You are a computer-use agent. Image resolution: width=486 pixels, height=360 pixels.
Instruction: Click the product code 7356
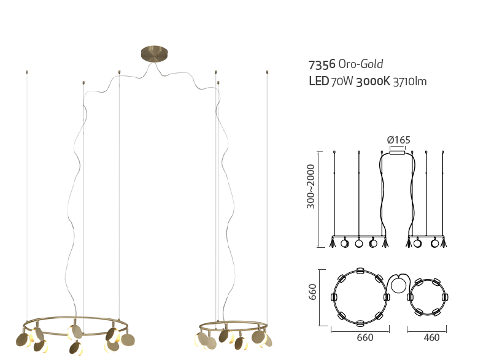click(322, 64)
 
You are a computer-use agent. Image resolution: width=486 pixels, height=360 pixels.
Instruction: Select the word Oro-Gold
click(361, 64)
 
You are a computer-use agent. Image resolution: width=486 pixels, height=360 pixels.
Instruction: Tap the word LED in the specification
click(318, 81)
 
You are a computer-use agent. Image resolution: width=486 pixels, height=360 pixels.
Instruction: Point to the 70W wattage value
click(342, 82)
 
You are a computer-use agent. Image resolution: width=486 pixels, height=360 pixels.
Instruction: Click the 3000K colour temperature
click(373, 82)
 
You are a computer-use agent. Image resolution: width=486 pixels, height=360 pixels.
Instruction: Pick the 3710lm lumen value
click(410, 82)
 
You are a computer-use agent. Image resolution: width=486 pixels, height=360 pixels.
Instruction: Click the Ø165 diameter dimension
click(399, 140)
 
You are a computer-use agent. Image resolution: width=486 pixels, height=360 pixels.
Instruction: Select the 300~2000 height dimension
click(310, 186)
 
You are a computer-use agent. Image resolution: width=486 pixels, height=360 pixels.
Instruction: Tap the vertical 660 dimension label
click(312, 292)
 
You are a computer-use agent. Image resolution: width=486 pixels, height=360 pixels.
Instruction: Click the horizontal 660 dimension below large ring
click(365, 337)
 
